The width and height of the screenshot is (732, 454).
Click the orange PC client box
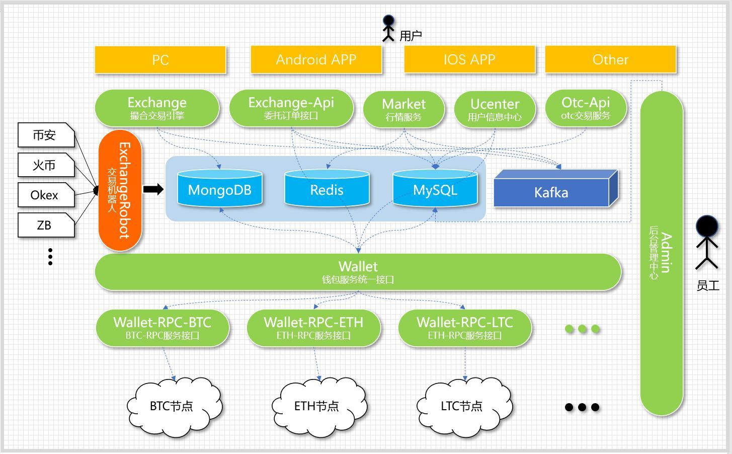click(x=160, y=60)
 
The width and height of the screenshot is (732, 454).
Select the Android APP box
click(x=316, y=60)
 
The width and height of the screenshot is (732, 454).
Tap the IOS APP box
click(x=469, y=60)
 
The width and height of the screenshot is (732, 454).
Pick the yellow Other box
click(x=610, y=60)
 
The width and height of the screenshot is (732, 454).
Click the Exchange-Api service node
click(x=291, y=108)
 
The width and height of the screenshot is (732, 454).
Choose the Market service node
click(x=403, y=109)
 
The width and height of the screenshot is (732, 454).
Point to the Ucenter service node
click(x=495, y=109)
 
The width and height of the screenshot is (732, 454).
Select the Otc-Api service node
click(x=586, y=108)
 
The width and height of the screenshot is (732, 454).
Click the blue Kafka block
click(x=551, y=192)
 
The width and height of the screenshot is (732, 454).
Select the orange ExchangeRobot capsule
click(x=120, y=190)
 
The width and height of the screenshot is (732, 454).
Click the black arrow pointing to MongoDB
click(x=153, y=189)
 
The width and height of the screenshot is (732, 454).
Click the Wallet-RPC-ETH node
click(x=313, y=328)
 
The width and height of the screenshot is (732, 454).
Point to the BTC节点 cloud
click(x=173, y=406)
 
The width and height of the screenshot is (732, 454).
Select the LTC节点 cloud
click(x=462, y=406)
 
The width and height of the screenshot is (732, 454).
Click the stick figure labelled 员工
click(x=707, y=242)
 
